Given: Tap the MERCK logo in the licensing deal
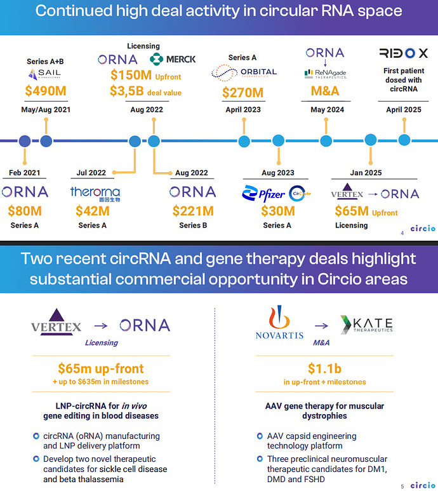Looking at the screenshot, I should coord(173,59).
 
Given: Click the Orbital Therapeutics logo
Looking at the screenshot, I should coord(244,72).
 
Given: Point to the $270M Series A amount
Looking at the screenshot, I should coord(243,93).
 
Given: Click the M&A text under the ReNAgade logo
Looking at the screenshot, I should coord(325,91).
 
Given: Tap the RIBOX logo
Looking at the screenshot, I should coord(403,53).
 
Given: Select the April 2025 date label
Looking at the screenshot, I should coord(403,109).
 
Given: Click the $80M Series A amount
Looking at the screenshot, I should coord(25,211).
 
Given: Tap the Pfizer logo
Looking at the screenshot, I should coord(264,193).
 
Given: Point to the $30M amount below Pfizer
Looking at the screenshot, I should coord(278,211).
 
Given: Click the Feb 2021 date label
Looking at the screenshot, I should coord(25,173).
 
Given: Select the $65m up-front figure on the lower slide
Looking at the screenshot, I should coord(101,368).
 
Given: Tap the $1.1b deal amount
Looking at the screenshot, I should coord(325,368).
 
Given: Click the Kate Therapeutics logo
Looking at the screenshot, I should coord(366,325).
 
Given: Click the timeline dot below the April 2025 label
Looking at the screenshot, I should coord(404,140).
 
